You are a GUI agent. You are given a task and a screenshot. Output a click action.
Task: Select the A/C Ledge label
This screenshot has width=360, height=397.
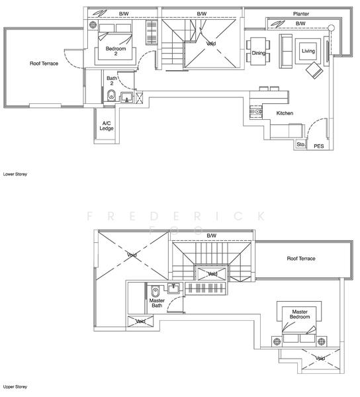106,126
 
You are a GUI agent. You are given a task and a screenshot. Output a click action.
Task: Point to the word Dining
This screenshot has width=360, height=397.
258,53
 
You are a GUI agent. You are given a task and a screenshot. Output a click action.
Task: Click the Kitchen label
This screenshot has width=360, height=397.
285,113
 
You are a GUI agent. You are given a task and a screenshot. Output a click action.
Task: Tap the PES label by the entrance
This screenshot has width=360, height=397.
318,146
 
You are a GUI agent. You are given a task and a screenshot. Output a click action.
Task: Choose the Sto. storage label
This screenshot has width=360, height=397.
300,144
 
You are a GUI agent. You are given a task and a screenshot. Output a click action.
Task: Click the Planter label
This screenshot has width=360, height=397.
301,13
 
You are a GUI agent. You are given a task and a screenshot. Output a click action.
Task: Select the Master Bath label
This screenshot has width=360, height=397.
156,303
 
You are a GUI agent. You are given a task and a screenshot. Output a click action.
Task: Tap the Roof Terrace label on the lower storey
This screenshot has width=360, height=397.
44,64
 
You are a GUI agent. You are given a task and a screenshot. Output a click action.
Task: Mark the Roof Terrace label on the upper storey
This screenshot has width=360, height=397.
301,258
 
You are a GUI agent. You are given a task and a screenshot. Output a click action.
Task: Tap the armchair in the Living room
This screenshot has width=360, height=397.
314,71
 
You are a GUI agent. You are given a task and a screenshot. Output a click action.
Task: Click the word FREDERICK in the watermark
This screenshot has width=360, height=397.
176,216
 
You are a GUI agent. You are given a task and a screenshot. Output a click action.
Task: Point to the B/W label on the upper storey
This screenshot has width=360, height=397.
211,236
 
